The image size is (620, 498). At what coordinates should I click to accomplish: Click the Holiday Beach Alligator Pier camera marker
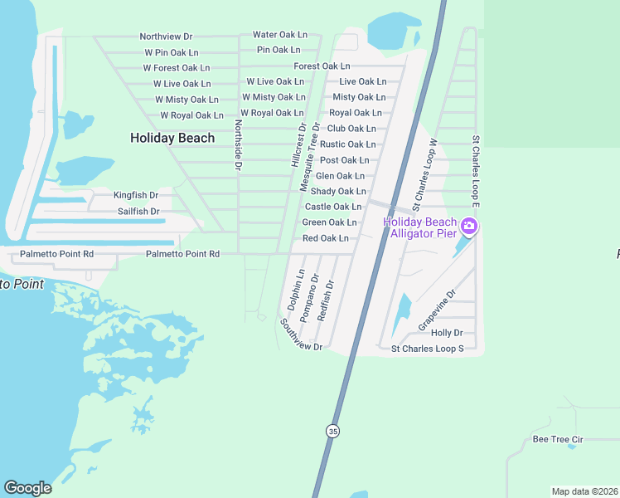pyautogui.click(x=469, y=227)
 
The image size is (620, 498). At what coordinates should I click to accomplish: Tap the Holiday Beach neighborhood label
pyautogui.click(x=172, y=138)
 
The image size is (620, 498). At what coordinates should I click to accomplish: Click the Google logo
pyautogui.click(x=27, y=488)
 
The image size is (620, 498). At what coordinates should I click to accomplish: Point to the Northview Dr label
pyautogui.click(x=166, y=37)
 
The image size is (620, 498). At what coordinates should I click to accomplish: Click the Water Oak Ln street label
pyautogui.click(x=280, y=35)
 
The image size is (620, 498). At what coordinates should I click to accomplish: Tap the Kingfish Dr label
pyautogui.click(x=136, y=196)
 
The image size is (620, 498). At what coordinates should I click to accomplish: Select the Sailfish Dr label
pyautogui.click(x=138, y=212)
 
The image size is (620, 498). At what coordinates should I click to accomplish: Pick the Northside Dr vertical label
pyautogui.click(x=238, y=145)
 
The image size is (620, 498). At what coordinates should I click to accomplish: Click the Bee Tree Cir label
pyautogui.click(x=558, y=439)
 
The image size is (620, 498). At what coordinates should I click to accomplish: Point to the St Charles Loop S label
pyautogui.click(x=427, y=349)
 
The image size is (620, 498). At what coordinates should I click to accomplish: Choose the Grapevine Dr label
pyautogui.click(x=437, y=310)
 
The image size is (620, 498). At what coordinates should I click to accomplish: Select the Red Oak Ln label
pyautogui.click(x=325, y=238)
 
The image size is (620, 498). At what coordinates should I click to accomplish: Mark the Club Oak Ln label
pyautogui.click(x=351, y=129)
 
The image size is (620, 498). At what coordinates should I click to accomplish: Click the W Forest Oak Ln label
pyautogui.click(x=177, y=68)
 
